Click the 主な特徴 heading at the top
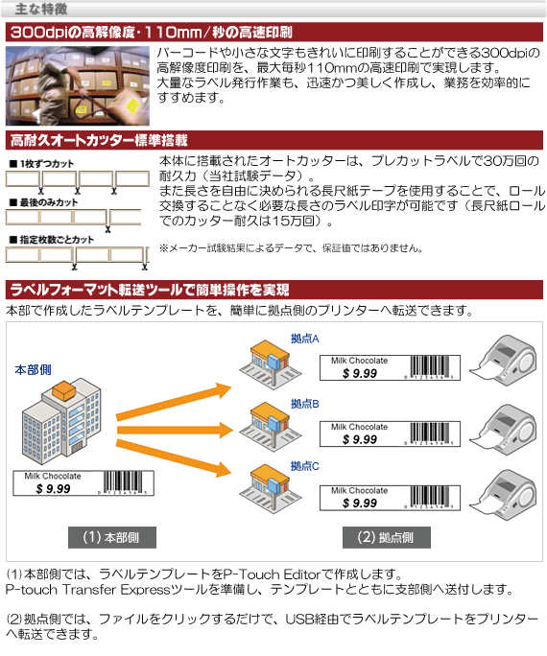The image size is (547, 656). [41, 9]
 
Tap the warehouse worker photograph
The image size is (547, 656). [78, 85]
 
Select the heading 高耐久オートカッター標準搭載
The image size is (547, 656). [99, 140]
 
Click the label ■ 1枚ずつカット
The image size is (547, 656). [42, 164]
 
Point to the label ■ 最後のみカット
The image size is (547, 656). [44, 202]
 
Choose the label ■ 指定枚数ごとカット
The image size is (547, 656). [52, 240]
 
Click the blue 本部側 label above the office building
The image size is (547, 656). [33, 370]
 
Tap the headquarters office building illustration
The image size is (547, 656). [61, 420]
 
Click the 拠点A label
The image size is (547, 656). [304, 339]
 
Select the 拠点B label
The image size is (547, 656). [304, 404]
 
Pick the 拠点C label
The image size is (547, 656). [304, 466]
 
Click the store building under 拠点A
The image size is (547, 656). [270, 364]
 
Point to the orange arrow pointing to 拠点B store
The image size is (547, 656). [175, 430]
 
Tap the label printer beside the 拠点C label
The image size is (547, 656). [503, 495]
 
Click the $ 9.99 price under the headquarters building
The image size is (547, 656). [53, 489]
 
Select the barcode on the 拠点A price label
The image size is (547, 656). [430, 366]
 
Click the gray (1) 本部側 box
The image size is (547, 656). [112, 537]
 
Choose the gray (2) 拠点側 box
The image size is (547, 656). [387, 537]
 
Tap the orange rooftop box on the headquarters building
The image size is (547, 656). [64, 390]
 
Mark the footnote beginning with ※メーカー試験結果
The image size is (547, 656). [291, 248]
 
